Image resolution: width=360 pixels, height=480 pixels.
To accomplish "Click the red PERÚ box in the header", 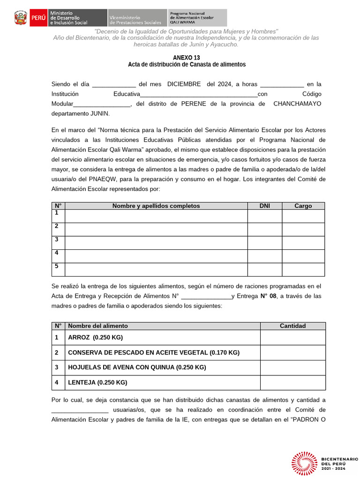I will coord(38,18).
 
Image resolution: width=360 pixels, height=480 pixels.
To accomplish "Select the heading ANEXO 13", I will coord(186,57).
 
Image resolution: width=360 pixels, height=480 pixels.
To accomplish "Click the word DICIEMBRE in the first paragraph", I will coord(184,84).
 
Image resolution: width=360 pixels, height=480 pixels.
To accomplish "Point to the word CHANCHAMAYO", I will coord(297,104).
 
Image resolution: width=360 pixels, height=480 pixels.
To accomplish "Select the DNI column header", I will coord(264,206).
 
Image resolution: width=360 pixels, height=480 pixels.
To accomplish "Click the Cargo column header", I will coord(303,206).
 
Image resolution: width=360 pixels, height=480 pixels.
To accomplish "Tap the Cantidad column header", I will coord(292,326).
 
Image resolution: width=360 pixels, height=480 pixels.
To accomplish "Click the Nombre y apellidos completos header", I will coord(156,206).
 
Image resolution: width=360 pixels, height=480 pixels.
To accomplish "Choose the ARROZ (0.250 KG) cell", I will coord(95,337).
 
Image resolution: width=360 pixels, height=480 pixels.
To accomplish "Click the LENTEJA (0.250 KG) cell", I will coord(97,382).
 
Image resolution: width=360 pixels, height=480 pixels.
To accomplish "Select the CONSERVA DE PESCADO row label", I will coord(153,352).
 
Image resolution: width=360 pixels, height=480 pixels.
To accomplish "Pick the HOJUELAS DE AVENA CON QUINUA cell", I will coord(137,367).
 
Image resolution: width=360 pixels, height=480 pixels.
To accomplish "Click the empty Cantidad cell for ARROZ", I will coord(292,337).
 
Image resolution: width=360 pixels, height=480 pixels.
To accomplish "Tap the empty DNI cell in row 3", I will coord(264,243).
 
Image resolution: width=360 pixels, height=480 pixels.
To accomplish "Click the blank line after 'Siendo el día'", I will coord(114,85).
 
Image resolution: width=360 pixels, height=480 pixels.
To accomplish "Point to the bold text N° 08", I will coord(269,296).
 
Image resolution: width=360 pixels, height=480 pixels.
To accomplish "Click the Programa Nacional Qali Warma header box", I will coord(197,18).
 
